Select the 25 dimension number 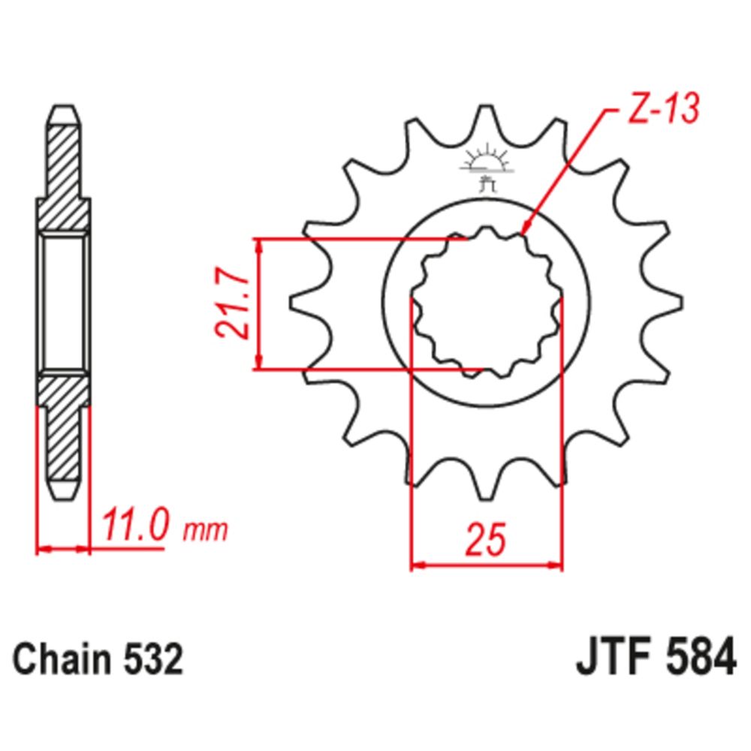coord(484,540)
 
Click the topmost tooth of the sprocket coord(487,120)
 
